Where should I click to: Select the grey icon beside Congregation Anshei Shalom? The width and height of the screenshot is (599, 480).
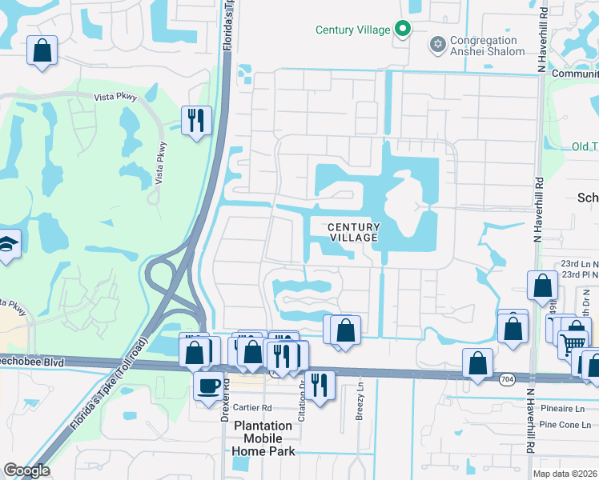437,43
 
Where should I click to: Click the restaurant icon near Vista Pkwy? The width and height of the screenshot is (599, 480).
196,121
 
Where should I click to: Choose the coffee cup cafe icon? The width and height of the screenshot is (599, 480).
209,386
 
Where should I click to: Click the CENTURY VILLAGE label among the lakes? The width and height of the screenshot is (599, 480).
353,233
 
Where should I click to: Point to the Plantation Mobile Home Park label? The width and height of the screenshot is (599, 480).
263,438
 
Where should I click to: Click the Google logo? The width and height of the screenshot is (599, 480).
26,470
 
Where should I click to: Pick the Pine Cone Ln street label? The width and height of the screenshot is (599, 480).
568,424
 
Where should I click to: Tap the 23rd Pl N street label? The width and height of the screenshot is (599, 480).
579,274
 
